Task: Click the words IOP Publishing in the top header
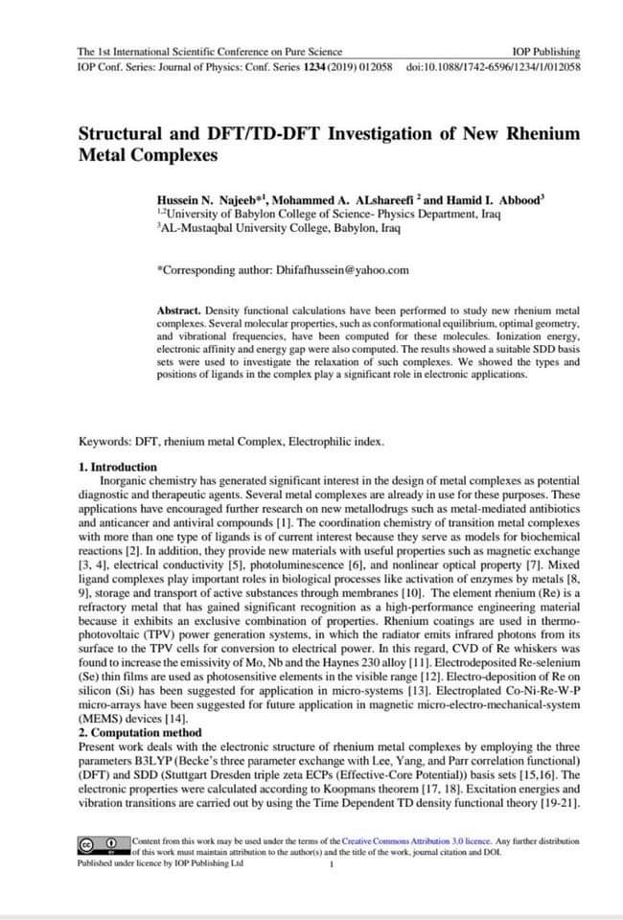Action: pos(546,52)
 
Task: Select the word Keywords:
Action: pos(105,442)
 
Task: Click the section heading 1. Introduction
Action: pos(117,467)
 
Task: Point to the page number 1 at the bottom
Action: pos(330,864)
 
